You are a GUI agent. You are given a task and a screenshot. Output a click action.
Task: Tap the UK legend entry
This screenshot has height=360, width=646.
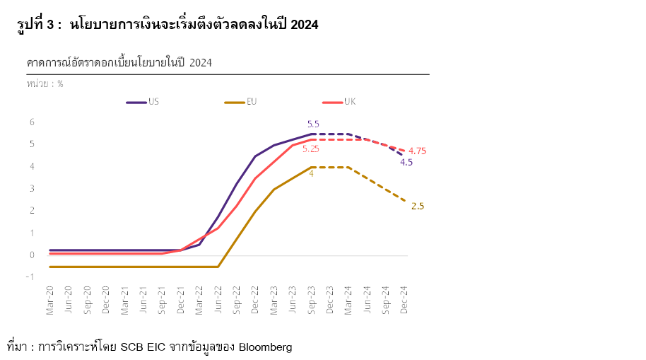click(x=349, y=102)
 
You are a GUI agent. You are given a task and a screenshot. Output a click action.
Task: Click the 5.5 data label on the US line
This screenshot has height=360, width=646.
click(x=313, y=124)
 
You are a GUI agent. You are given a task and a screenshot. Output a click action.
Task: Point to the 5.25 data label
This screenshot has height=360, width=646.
click(x=311, y=149)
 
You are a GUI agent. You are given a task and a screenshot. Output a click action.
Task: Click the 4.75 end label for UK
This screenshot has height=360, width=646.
click(x=417, y=151)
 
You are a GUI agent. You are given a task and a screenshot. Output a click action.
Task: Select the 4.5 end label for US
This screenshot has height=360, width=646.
click(x=406, y=162)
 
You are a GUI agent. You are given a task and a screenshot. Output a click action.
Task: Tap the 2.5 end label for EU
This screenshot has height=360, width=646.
click(x=417, y=207)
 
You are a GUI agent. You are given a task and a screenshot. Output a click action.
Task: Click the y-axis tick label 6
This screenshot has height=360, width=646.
click(x=32, y=122)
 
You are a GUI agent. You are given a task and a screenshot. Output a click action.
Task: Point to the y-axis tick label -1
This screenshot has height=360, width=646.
click(x=30, y=277)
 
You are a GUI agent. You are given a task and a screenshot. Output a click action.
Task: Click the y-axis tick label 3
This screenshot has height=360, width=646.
click(x=32, y=189)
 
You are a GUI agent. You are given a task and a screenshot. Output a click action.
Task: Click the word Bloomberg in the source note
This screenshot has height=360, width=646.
click(x=265, y=347)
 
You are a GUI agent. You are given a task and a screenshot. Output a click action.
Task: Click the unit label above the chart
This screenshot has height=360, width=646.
click(x=45, y=83)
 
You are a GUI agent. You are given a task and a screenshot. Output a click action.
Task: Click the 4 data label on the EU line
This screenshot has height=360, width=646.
click(x=311, y=173)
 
